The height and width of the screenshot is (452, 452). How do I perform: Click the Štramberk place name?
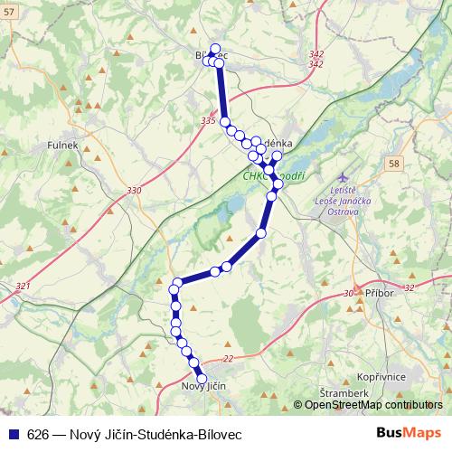coord(344,394)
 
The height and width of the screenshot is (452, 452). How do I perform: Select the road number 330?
coord(135,191)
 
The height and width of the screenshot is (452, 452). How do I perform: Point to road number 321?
coord(23,287)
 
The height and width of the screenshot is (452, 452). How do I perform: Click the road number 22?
coord(227,359)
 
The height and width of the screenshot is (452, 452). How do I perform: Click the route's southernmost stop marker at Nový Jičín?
coord(202,379)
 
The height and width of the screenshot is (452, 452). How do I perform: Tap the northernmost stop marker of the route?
coord(214,49)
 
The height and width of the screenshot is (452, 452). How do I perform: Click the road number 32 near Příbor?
coord(409,287)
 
